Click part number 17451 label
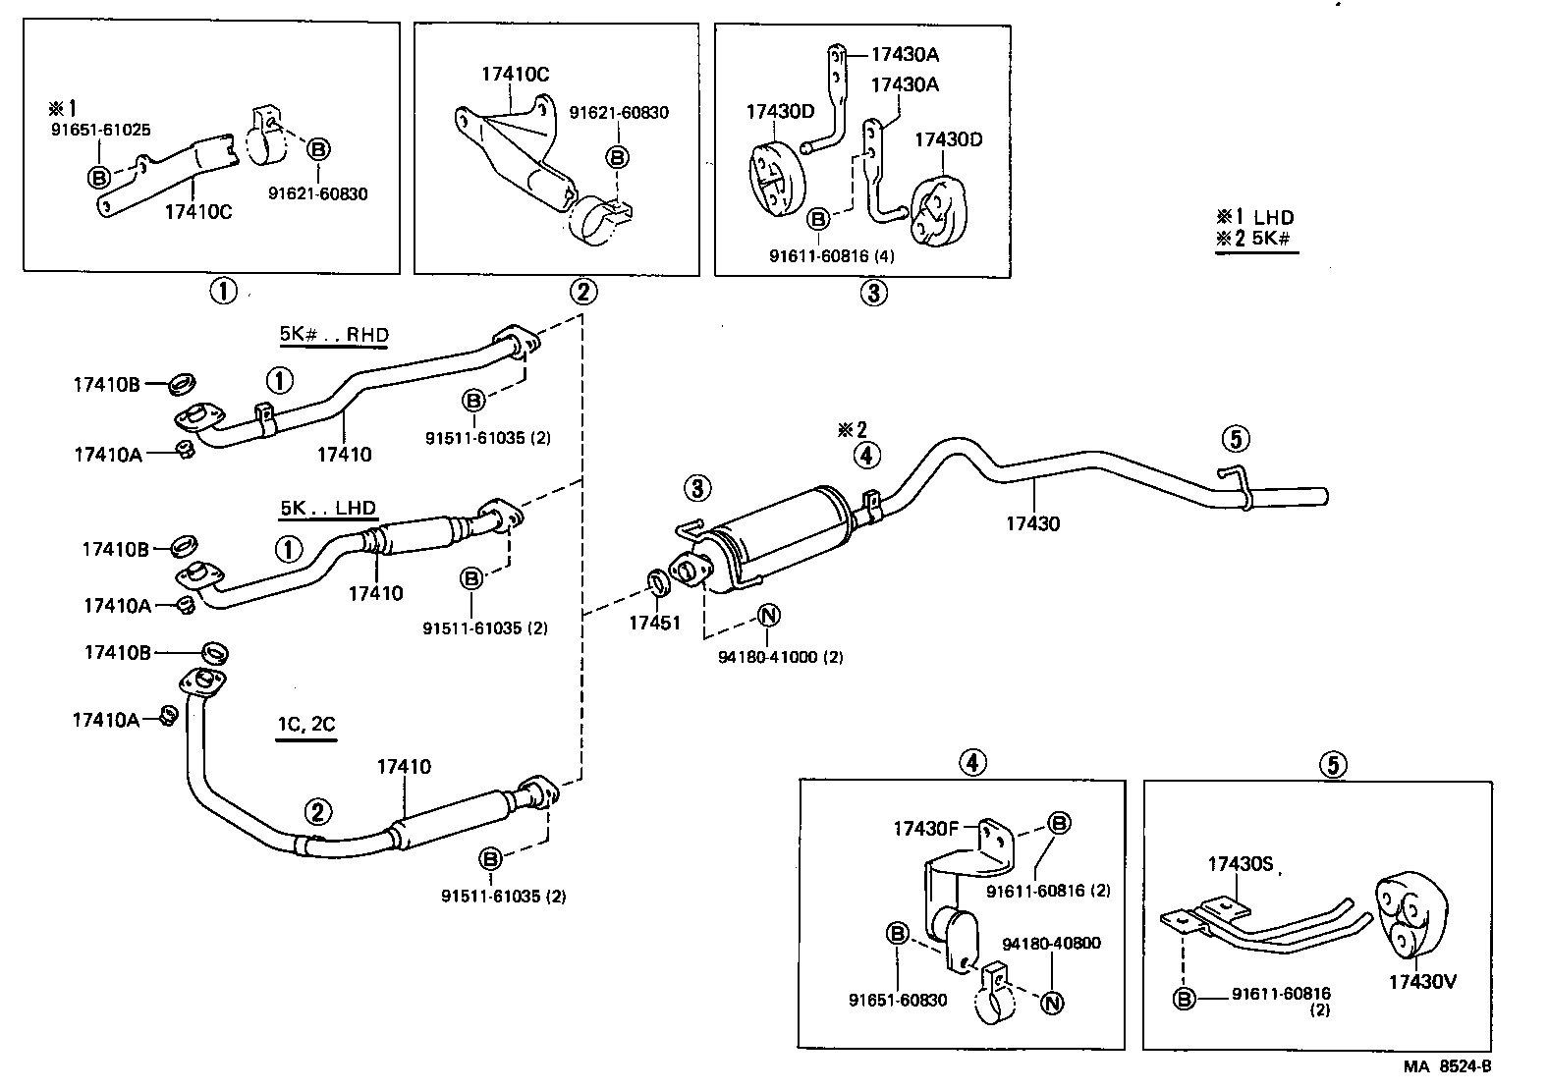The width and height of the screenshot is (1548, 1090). [654, 623]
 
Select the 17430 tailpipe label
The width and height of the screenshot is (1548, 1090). [1032, 524]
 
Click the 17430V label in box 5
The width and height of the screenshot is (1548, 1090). [1421, 980]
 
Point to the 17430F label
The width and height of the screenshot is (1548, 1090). [925, 829]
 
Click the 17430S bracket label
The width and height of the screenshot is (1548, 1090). [1240, 864]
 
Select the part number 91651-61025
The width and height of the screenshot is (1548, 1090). [100, 129]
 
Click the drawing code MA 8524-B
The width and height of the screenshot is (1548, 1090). [1447, 1066]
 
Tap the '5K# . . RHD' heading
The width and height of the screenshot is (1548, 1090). [334, 335]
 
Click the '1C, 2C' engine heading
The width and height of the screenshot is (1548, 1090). [305, 726]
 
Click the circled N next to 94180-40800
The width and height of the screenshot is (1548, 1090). [1052, 1002]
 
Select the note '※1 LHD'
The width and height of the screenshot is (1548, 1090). [1254, 217]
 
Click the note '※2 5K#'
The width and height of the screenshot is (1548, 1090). [1254, 239]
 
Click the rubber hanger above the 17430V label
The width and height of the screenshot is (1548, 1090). [1407, 914]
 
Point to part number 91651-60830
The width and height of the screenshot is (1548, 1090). [898, 1000]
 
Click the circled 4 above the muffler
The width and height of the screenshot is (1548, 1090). [866, 455]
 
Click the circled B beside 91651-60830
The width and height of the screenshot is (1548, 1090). [897, 934]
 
